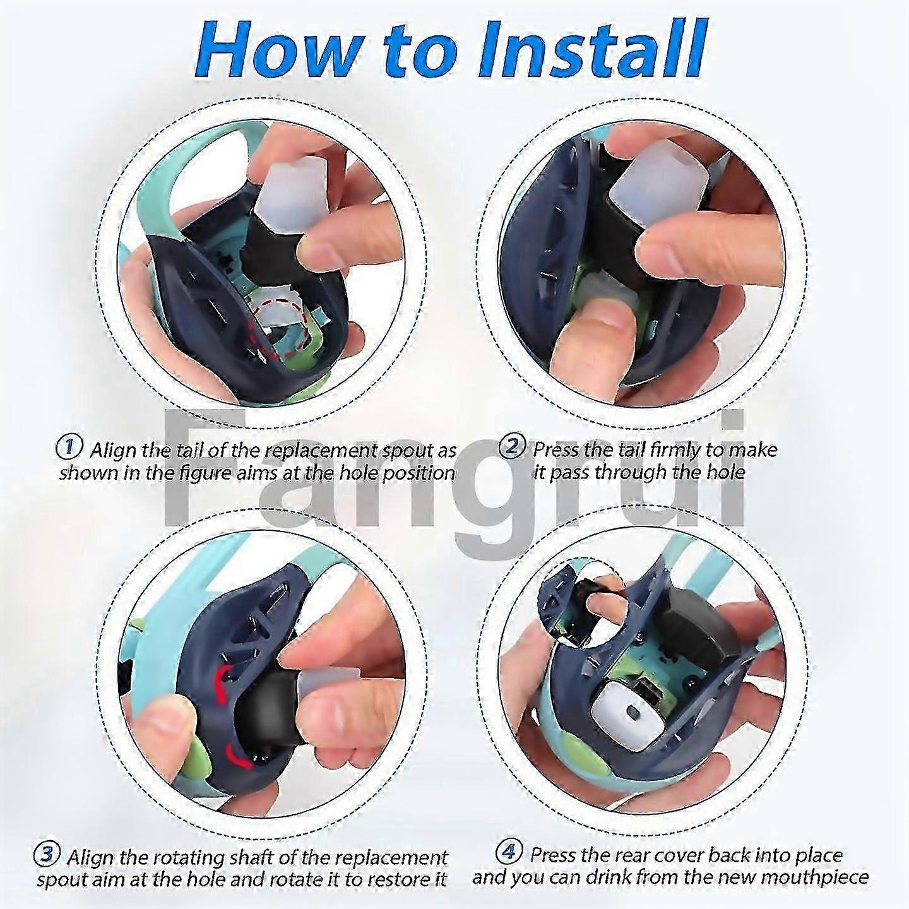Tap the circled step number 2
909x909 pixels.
click(x=511, y=448)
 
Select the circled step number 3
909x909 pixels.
click(x=47, y=852)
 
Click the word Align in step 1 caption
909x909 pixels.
click(x=113, y=450)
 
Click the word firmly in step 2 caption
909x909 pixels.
click(x=675, y=450)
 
